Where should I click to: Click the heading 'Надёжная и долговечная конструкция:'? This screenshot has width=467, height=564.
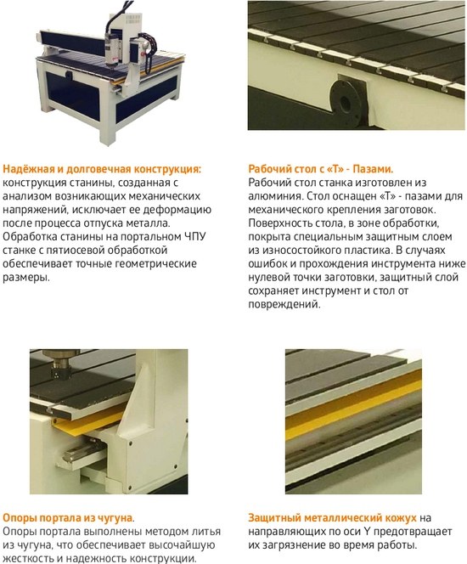click(102, 169)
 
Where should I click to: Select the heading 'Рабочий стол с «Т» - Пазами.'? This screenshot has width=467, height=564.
click(321, 169)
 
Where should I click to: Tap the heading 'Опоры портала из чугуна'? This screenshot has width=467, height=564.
click(68, 518)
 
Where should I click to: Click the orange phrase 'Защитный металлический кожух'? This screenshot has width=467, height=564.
click(332, 518)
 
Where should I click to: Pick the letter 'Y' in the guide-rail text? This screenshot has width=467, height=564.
click(367, 532)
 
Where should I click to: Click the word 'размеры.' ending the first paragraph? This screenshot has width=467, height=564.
click(25, 278)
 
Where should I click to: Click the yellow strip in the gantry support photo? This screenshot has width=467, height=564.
click(88, 424)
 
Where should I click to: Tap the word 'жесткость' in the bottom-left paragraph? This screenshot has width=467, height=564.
click(25, 559)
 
